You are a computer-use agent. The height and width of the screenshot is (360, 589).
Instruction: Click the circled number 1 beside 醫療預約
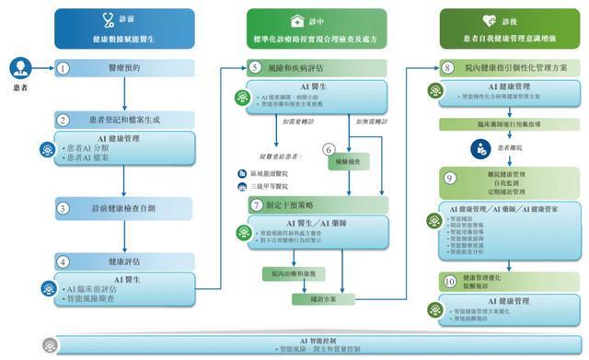coord(64,68)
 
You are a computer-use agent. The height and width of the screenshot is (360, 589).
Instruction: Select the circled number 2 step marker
coord(64,120)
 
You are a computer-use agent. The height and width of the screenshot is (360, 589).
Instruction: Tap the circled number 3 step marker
coord(64,209)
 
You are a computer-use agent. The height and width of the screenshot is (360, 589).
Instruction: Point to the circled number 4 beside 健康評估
coord(64,261)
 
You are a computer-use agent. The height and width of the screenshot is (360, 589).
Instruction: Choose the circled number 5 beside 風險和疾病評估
coord(255,67)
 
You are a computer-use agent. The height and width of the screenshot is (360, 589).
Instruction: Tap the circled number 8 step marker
coord(447,67)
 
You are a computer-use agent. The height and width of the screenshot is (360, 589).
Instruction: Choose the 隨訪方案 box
coord(314,298)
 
